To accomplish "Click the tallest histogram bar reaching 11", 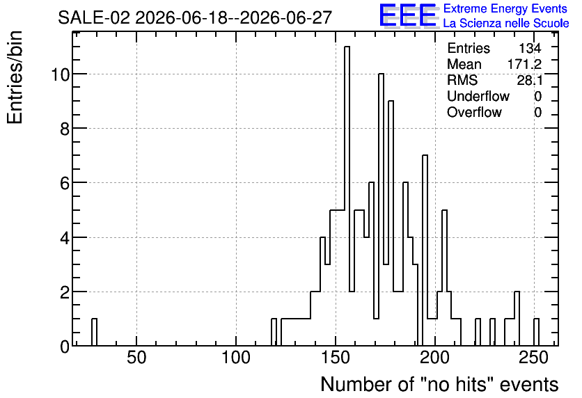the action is [x=347, y=196].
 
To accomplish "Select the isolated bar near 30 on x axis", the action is [x=94, y=333].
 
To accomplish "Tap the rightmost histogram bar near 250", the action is [x=536, y=333].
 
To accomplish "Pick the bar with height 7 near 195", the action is [x=425, y=250].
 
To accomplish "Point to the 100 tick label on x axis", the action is [x=236, y=358].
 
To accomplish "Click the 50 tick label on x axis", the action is [x=136, y=358].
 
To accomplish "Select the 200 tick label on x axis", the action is [x=435, y=358].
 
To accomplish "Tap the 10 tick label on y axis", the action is [x=60, y=74].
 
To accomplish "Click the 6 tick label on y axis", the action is [x=65, y=183].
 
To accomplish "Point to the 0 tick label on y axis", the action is [x=65, y=347].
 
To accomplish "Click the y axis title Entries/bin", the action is [x=15, y=77].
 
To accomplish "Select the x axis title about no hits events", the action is [x=439, y=384].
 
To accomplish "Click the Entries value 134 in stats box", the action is [x=530, y=48].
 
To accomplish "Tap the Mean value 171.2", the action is [x=524, y=64].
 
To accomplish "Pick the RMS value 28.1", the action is [x=530, y=80].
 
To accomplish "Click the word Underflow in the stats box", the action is [x=478, y=96].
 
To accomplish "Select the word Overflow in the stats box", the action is [x=474, y=112].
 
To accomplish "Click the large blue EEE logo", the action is [x=408, y=15].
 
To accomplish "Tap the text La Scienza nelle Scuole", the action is [x=506, y=23].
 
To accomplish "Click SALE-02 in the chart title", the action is [x=94, y=17].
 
